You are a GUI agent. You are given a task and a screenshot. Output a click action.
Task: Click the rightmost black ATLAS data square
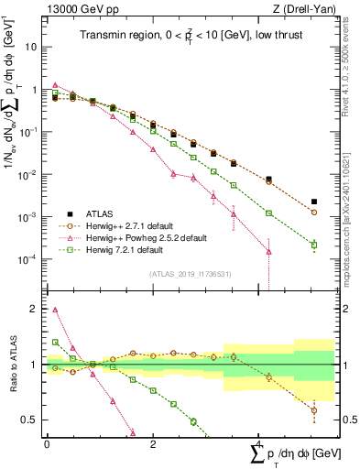coord(314,202)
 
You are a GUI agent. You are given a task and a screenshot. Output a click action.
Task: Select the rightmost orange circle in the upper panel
coord(314,212)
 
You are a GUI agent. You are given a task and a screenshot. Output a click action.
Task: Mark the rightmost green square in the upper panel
coord(314,245)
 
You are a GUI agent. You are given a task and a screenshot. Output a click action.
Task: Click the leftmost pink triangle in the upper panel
coord(56,84)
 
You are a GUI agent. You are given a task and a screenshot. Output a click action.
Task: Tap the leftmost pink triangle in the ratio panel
coord(56,310)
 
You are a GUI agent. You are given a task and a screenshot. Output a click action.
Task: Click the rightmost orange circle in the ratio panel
coord(314,410)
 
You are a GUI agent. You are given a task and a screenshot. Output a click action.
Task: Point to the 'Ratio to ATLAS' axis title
coord(12,365)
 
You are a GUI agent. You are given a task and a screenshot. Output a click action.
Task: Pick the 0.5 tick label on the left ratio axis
coord(31,420)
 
